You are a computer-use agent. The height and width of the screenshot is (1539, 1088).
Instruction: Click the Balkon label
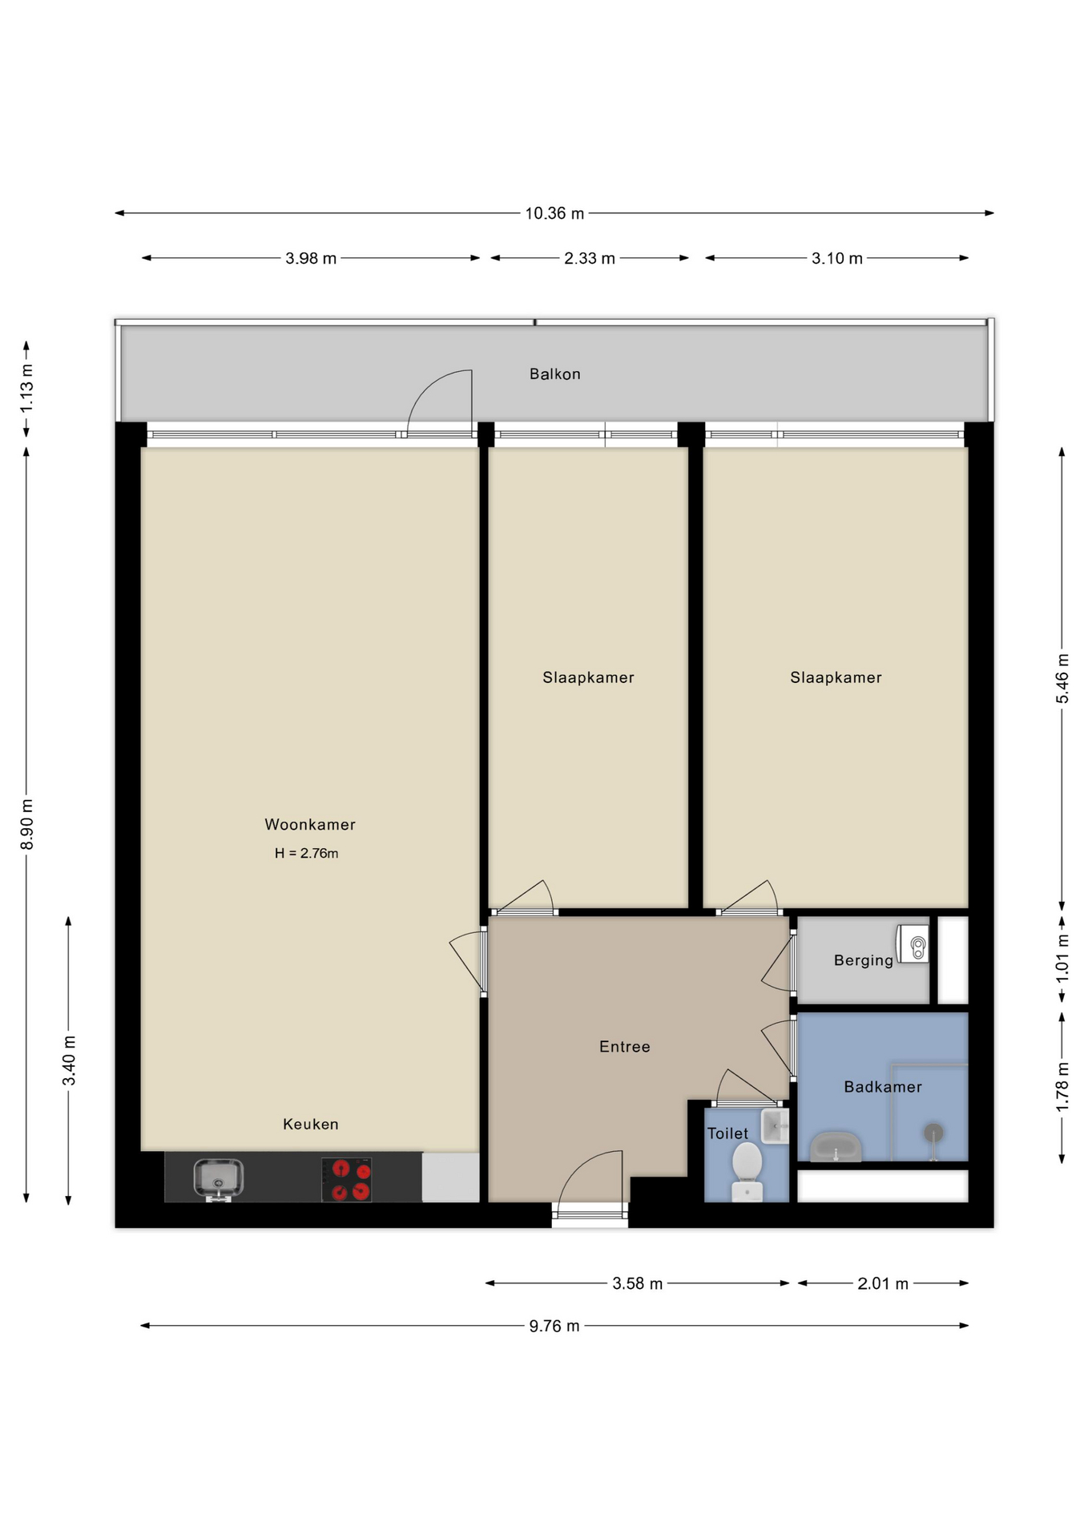coord(554,374)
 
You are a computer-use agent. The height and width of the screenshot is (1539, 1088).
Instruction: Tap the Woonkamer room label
coord(309,824)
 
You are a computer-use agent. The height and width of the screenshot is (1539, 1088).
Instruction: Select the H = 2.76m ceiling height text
coord(306,854)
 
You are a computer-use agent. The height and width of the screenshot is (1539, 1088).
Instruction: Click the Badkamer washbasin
coord(835,1147)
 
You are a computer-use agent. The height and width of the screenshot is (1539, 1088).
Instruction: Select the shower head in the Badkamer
coord(933,1133)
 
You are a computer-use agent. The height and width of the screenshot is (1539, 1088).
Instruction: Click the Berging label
coord(863,960)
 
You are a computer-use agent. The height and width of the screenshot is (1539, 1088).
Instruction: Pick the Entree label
coord(624,1047)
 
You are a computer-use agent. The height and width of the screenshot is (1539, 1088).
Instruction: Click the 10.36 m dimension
coord(554,213)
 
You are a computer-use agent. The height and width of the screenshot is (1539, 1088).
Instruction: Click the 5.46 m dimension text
coord(1062,678)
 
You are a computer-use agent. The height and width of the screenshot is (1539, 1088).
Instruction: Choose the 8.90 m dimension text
coord(26,824)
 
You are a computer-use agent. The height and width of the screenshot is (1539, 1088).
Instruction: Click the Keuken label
coord(310,1125)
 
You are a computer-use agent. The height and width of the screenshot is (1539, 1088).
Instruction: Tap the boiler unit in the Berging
coord(913,944)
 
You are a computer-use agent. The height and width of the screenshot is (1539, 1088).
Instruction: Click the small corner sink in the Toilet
coord(774,1126)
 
